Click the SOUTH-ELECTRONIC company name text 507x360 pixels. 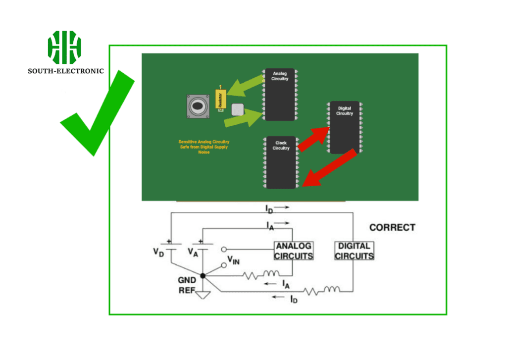pos(66,71)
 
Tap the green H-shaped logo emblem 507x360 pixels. pos(64,47)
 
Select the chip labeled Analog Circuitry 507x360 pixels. pos(279,94)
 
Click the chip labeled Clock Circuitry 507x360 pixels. pos(281,162)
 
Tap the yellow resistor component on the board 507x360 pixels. pos(220,99)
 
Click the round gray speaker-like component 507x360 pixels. pos(198,106)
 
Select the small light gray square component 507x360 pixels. pos(238,109)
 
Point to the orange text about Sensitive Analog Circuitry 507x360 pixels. pos(204,147)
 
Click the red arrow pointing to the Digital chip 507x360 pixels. pos(313,138)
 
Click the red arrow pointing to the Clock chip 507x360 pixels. pos(329,169)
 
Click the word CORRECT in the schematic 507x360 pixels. pos(392,228)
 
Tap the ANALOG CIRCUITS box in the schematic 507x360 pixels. pos(294,251)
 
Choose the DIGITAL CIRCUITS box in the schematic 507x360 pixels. pos(355,251)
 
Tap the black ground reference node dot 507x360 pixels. pos(203,275)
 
